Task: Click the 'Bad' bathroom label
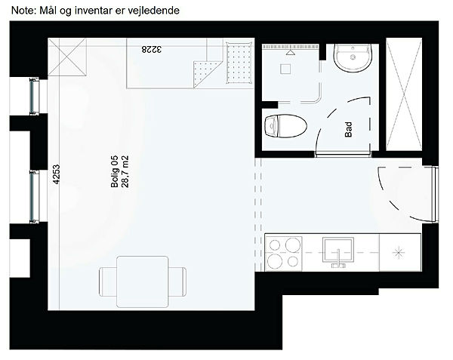(349, 129)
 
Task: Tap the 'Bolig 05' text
(115, 171)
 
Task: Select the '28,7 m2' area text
(125, 171)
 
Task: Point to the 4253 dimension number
(57, 174)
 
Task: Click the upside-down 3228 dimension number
(152, 49)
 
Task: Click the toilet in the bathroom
(285, 126)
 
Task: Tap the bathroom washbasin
(353, 57)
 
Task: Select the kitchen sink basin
(338, 250)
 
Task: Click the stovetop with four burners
(284, 253)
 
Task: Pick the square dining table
(143, 282)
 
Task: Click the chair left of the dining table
(108, 282)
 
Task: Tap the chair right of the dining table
(177, 282)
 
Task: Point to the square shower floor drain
(285, 69)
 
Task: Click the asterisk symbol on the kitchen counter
(398, 253)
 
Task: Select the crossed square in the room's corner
(67, 57)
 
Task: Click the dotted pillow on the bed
(239, 63)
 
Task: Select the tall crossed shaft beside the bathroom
(404, 94)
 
